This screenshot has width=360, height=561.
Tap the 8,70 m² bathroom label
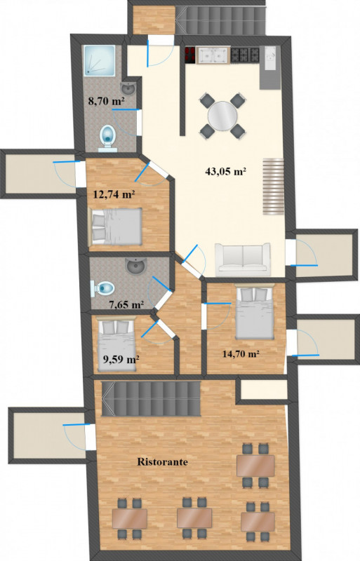pyautogui.click(x=106, y=101)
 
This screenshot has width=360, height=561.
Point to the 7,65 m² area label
pyautogui.click(x=126, y=305)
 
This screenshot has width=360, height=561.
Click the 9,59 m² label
pyautogui.click(x=121, y=359)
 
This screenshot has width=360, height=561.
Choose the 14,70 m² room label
pyautogui.click(x=241, y=354)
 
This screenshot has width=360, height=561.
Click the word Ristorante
pyautogui.click(x=162, y=462)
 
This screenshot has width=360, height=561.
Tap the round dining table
pyautogui.click(x=222, y=116)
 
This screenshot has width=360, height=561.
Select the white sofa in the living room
pyautogui.click(x=243, y=259)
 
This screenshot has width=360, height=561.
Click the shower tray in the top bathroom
pyautogui.click(x=100, y=60)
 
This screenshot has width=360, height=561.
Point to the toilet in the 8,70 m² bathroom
pyautogui.click(x=108, y=137)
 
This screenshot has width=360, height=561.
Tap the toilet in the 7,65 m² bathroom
pyautogui.click(x=102, y=288)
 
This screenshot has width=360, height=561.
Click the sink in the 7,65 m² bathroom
pyautogui.click(x=135, y=266)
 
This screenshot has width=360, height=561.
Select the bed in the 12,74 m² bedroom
pyautogui.click(x=116, y=227)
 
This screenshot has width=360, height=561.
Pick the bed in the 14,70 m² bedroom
pyautogui.click(x=255, y=311)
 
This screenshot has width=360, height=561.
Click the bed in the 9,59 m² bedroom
pyautogui.click(x=116, y=344)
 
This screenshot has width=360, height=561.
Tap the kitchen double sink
pyautogui.click(x=213, y=55)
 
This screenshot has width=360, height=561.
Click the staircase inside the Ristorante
pyautogui.click(x=151, y=398)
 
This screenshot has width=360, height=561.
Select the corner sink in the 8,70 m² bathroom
pyautogui.click(x=128, y=88)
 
